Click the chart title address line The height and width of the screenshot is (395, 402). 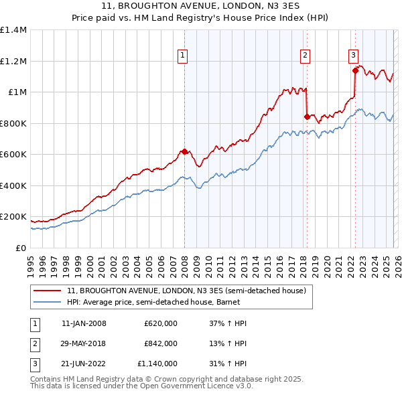[x=200, y=6]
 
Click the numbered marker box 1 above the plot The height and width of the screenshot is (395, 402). [x=182, y=56]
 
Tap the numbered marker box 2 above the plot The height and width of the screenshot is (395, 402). [x=305, y=56]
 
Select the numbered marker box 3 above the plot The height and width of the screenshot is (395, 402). [x=353, y=56]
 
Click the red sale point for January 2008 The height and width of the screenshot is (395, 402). [x=184, y=151]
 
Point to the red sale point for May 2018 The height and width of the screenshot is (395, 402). [x=307, y=116]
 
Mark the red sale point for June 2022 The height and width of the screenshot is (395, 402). [x=355, y=70]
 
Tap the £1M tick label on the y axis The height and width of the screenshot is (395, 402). [x=16, y=92]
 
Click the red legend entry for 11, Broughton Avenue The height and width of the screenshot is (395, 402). [x=186, y=291]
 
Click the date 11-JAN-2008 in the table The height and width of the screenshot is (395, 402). [x=84, y=323]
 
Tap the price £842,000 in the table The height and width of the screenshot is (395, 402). [x=161, y=343]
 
